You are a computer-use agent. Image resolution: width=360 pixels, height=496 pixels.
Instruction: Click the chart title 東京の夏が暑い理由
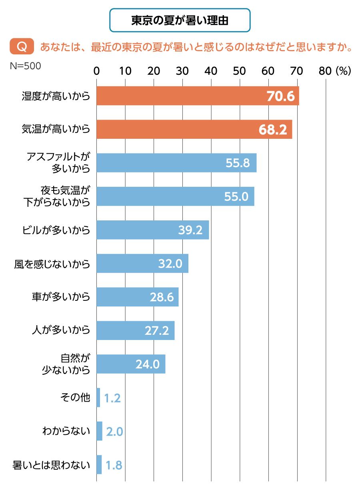180,20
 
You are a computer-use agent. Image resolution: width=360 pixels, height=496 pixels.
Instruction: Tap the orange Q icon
22,47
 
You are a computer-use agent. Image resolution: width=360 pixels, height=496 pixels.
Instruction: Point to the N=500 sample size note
25,66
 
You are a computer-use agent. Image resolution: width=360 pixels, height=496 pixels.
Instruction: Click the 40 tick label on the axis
211,71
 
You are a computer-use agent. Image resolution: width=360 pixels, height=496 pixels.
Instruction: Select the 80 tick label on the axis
326,71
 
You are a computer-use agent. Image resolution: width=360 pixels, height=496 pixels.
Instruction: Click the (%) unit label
343,71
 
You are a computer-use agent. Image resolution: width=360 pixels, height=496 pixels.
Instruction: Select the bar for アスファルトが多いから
176,163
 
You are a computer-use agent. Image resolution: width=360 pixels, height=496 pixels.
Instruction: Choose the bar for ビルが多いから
152,230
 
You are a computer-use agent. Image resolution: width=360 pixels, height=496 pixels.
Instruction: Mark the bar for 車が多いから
137,297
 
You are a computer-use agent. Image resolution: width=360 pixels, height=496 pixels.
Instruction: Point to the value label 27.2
156,331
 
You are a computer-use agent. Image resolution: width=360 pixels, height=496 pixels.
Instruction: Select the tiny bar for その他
98,398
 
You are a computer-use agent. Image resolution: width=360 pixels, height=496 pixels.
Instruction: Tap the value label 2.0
114,432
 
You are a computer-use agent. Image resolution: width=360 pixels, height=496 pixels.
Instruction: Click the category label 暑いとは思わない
52,465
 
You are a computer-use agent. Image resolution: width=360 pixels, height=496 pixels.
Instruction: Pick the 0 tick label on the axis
96,71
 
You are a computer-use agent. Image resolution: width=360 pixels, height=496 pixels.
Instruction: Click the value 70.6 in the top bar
280,96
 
